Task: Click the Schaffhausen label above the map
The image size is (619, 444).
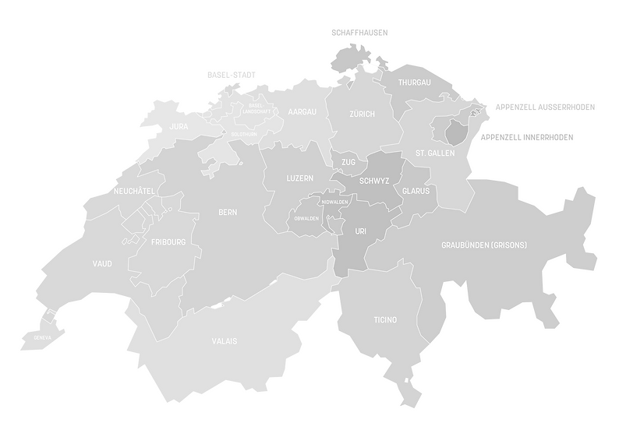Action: (x=359, y=33)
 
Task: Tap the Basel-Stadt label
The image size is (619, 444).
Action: (x=232, y=75)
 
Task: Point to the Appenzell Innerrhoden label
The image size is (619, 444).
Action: (x=527, y=137)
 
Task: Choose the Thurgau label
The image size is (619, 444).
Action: (x=414, y=82)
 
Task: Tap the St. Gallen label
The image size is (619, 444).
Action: (x=435, y=153)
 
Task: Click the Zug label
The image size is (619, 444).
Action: (x=348, y=162)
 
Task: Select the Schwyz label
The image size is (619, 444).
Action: (x=374, y=181)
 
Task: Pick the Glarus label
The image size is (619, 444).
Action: (x=416, y=191)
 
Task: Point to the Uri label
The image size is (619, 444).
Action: (x=360, y=231)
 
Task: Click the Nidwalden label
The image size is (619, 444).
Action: (x=334, y=202)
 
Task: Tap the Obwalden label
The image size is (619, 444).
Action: (x=306, y=219)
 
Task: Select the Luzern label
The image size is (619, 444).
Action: (x=300, y=178)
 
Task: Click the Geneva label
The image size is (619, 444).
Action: (x=42, y=337)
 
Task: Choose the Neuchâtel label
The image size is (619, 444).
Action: (x=133, y=191)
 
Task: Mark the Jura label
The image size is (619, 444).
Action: (x=179, y=126)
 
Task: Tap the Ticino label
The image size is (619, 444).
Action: (x=385, y=320)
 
